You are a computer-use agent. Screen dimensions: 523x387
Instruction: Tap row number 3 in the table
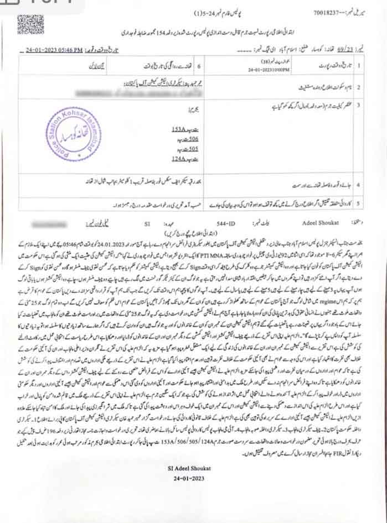(358, 103)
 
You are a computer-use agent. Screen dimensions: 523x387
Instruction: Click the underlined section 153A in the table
(178, 129)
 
